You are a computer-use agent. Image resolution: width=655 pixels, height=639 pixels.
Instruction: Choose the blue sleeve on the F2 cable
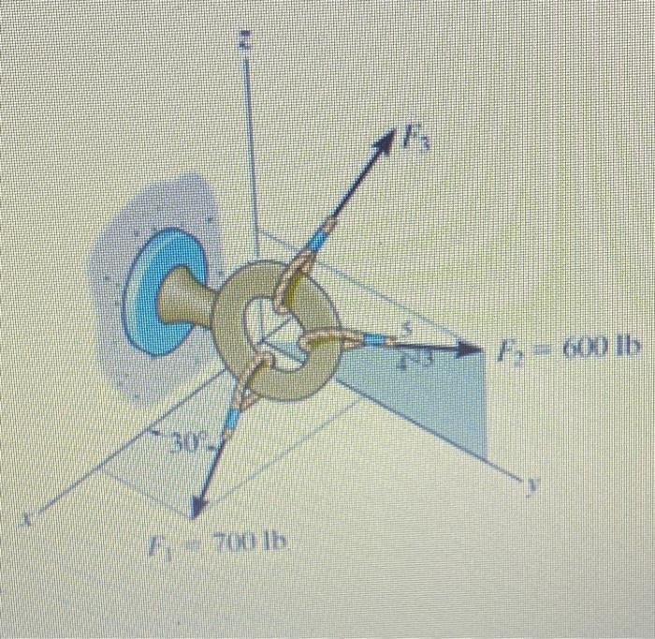(x=374, y=338)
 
